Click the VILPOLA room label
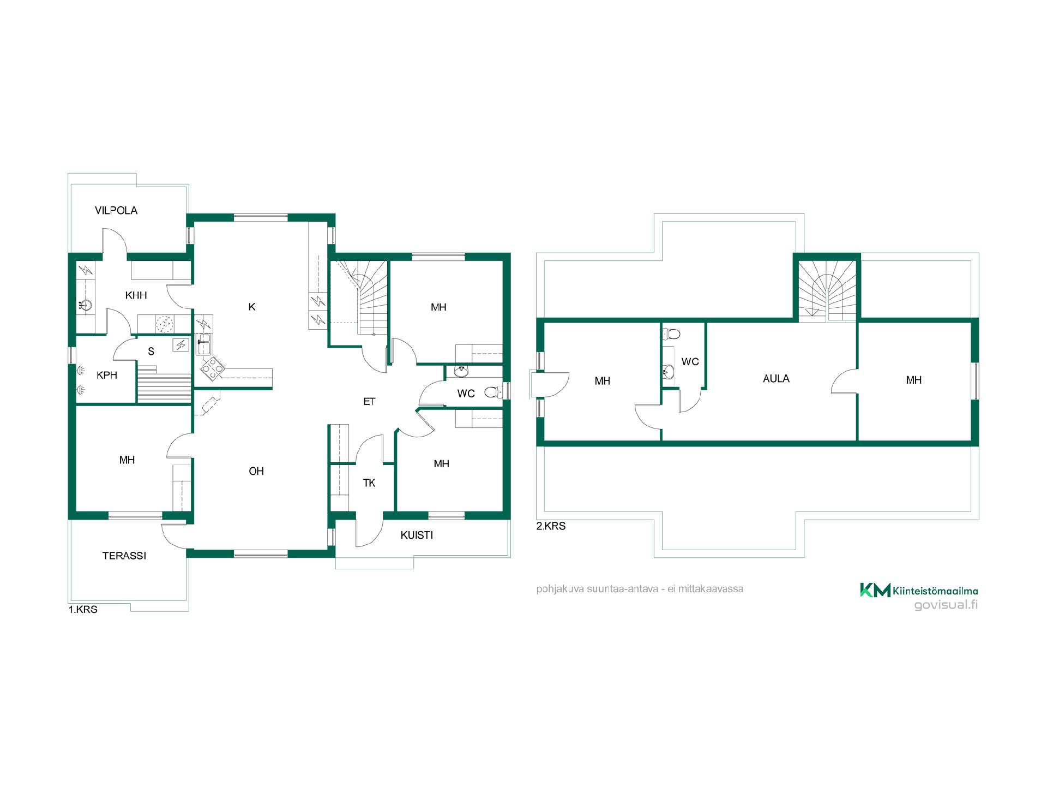click(116, 210)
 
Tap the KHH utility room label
click(136, 295)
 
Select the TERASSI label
click(124, 556)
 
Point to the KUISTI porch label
click(417, 535)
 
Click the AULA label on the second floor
click(776, 379)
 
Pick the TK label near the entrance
click(369, 483)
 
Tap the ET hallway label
click(369, 402)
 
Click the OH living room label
click(256, 471)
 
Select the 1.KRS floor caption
click(83, 610)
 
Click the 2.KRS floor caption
click(551, 526)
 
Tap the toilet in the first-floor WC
click(492, 392)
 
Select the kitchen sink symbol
click(203, 344)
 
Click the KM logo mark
click(875, 590)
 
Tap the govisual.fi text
click(946, 605)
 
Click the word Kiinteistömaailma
click(935, 591)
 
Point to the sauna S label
click(151, 352)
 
